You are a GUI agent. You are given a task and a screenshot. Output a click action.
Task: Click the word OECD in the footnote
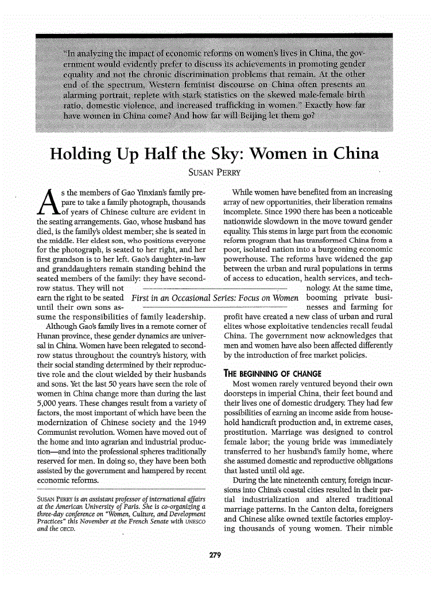pyautogui.click(x=68, y=529)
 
